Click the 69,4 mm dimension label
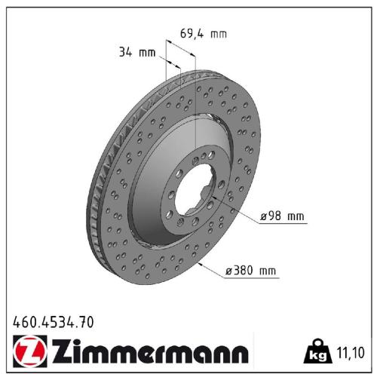(x=203, y=34)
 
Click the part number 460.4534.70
(x=54, y=323)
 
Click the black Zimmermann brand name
(x=148, y=352)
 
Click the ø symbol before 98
(x=263, y=217)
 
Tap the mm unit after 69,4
(x=218, y=34)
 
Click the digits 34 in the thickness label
(x=124, y=52)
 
